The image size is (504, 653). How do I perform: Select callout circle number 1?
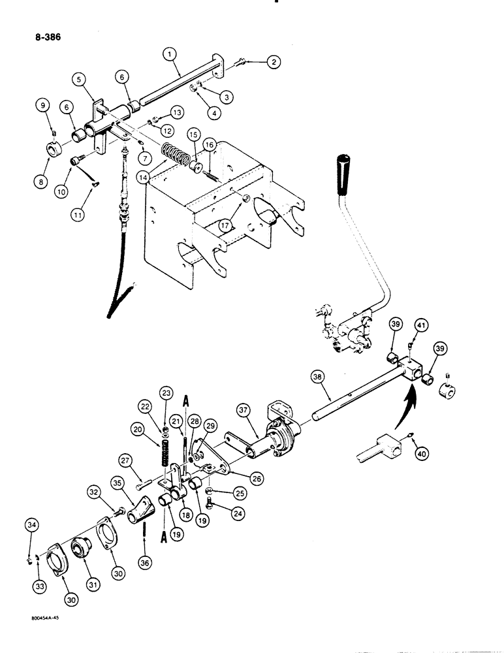click(x=169, y=56)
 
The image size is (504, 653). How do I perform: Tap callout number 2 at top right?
click(x=271, y=62)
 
